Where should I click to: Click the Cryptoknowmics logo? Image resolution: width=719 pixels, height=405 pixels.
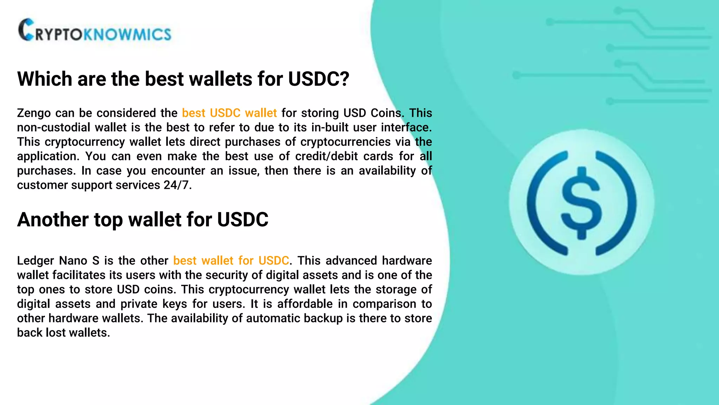[x=95, y=31]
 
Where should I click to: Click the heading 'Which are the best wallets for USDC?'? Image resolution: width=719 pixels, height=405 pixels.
[x=183, y=79]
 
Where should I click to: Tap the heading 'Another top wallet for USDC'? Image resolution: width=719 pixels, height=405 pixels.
[x=143, y=220]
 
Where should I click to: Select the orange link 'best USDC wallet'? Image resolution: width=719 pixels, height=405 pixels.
[x=229, y=113]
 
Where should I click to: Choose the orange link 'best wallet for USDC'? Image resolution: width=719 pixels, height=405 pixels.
[x=231, y=261]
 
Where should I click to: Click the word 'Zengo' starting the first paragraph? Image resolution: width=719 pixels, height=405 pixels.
[x=34, y=113]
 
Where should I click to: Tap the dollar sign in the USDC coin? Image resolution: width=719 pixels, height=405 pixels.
[x=582, y=203]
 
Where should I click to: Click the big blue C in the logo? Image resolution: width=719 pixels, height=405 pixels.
[x=27, y=30]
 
